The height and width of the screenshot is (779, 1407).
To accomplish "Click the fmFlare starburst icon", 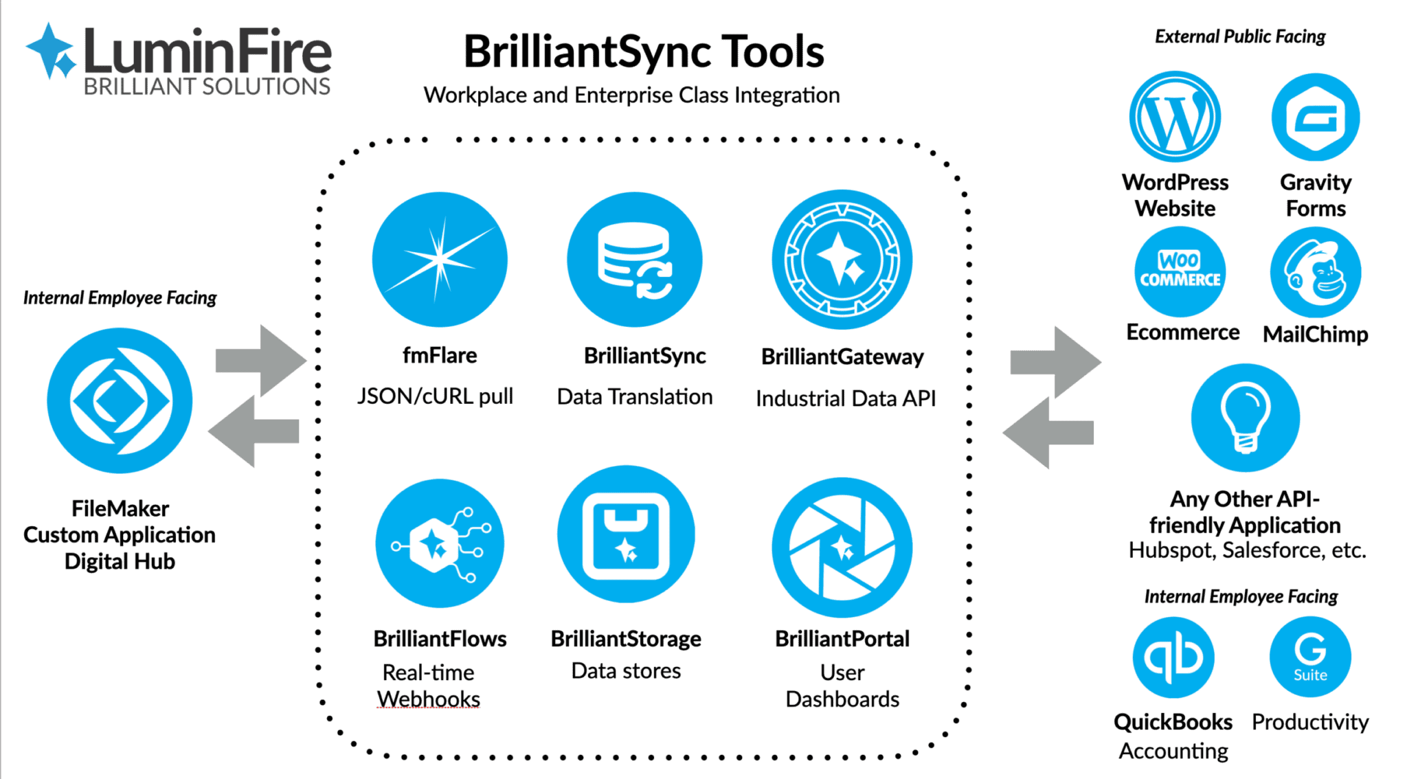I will click(x=440, y=260).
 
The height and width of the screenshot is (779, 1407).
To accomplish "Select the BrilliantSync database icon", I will click(x=634, y=260).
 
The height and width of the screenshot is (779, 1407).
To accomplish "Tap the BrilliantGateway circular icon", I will click(x=842, y=260).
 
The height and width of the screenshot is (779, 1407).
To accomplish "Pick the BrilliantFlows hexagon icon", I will click(x=440, y=543).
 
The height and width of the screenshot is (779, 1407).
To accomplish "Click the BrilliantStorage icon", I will click(x=626, y=534).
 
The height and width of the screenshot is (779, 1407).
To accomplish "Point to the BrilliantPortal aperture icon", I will click(x=842, y=547).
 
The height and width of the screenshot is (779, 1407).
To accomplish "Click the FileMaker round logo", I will click(x=120, y=400).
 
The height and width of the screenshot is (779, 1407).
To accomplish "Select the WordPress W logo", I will click(x=1175, y=117).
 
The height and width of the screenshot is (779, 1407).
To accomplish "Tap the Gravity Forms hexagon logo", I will click(x=1315, y=117).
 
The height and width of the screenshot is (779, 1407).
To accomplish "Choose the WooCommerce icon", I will click(x=1180, y=271).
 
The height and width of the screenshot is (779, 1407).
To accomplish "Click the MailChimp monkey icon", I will click(x=1315, y=273).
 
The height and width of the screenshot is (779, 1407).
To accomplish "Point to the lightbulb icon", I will click(x=1245, y=418).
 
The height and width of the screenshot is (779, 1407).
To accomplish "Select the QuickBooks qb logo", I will click(x=1173, y=657).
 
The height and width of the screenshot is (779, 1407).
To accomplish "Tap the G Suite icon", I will click(x=1310, y=657).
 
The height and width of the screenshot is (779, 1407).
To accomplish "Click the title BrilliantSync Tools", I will click(x=644, y=52).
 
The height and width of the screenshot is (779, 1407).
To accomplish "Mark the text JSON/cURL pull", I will click(x=435, y=396).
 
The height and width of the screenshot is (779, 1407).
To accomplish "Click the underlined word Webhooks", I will click(x=429, y=699).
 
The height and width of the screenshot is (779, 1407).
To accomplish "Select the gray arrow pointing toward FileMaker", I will click(x=254, y=431).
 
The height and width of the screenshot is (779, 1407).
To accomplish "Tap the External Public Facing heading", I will click(x=1240, y=36).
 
